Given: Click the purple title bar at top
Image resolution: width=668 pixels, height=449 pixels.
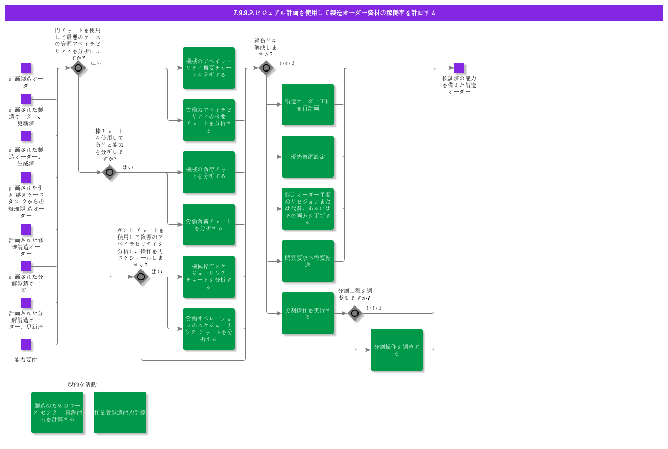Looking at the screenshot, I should point(334,13).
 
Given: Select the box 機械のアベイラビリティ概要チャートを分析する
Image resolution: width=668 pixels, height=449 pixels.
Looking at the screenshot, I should point(209,68).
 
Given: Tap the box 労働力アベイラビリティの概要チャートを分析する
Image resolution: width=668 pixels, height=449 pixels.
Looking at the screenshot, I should point(209,120).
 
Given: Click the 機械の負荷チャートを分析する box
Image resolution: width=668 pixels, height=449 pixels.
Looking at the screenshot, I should point(209,172).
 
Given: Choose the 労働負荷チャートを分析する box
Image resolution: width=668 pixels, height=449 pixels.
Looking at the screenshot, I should point(209,224).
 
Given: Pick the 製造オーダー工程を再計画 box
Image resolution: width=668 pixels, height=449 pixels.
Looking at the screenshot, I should point(308,104).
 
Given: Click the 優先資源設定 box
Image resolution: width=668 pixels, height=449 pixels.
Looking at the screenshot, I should point(308,157).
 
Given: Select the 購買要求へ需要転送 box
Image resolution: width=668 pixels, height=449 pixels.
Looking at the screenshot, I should point(308,261).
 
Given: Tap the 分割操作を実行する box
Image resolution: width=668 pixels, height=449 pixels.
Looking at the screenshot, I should point(308,313).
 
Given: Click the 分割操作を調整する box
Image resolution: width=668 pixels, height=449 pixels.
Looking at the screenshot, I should point(397,350).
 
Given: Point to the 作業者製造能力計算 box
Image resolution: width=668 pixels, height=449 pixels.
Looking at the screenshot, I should point(120,412).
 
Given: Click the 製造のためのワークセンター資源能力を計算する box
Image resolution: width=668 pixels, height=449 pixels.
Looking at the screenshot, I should point(57,412).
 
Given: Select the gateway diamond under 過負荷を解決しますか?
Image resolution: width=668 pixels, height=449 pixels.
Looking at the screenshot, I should point(266,68).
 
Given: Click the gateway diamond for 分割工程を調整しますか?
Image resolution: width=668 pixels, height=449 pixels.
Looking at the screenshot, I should point(355,313).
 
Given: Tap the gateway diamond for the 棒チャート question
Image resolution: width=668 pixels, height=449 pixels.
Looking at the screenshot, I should point(110,172).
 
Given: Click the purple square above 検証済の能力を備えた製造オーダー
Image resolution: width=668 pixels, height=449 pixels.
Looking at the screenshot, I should point(459,68).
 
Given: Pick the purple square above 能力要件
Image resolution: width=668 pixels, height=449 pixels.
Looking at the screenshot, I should point(26,345).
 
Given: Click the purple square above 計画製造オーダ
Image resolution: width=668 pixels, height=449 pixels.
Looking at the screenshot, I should point(26,68).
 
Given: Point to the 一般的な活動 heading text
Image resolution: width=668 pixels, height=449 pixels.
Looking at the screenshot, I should point(79,384).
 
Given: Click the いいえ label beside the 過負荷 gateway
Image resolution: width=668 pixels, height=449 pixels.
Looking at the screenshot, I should point(288,63).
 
